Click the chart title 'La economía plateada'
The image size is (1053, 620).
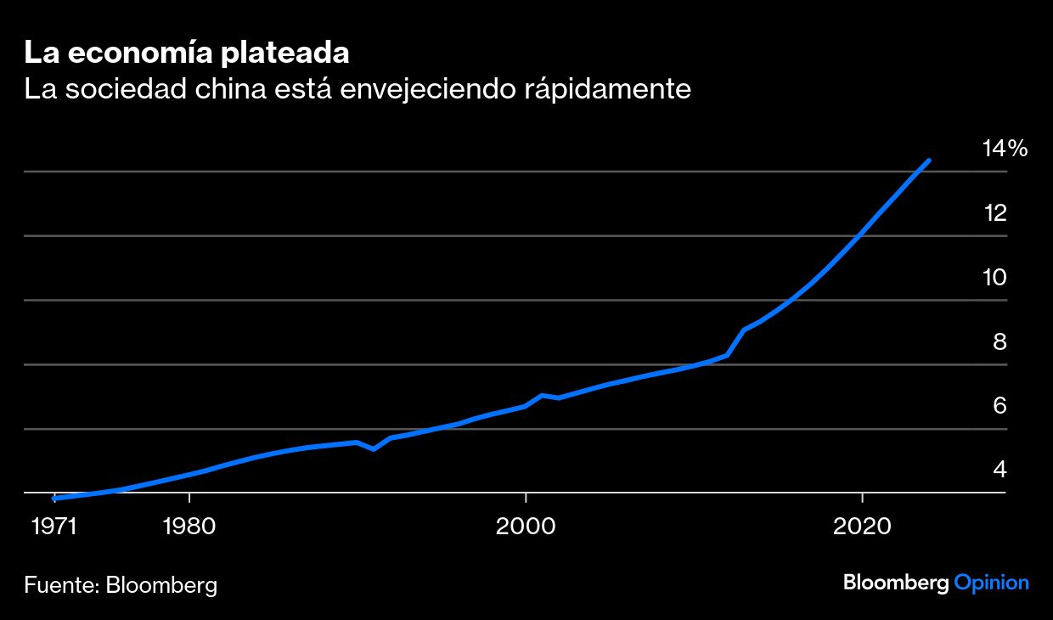point(187,53)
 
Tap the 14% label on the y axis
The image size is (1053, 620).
point(1005,149)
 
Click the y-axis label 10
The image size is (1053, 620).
point(994,278)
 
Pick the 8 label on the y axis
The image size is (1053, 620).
point(1000,341)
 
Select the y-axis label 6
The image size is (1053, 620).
point(1000,406)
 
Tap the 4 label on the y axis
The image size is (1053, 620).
point(1000,470)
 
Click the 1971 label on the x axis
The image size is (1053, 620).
point(54,527)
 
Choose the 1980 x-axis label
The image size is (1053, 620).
point(189,527)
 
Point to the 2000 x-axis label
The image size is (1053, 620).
point(526,527)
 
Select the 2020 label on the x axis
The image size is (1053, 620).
point(862,527)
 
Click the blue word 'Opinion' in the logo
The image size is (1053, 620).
point(991,583)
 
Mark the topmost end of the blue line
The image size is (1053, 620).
point(929,160)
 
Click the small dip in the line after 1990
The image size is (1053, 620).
point(374,448)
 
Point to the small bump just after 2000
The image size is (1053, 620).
point(542,395)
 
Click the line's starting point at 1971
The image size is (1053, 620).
point(54,499)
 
